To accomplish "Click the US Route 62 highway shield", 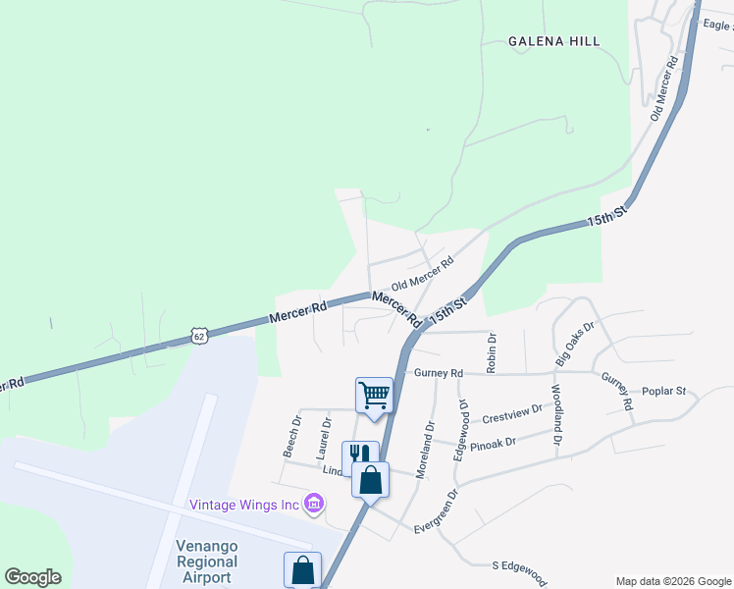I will point(200,336).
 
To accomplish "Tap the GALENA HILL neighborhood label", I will point(553,41).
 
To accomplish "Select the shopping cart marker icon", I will point(374,395).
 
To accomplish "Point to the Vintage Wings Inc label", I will point(243,505).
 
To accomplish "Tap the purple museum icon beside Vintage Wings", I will point(314,505).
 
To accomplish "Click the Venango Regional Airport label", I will point(206,562).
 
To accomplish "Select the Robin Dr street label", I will point(493,352).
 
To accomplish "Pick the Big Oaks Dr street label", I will point(575,344).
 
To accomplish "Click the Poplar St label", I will point(663,391).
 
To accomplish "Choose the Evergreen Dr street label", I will point(439,510).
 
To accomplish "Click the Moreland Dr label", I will point(424,451).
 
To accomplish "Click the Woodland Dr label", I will point(555,415).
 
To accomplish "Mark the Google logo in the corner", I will point(32,577).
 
